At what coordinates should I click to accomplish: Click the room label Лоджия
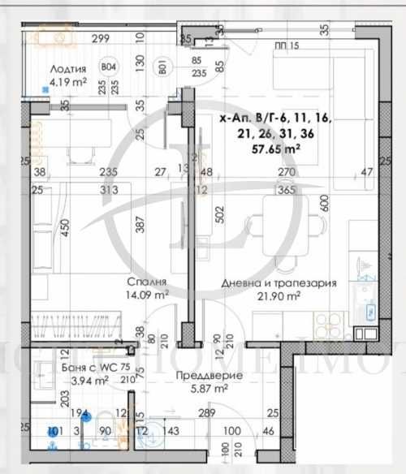pos(68,69)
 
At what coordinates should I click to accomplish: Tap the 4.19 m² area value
pos(68,81)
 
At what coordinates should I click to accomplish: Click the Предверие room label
pos(200,377)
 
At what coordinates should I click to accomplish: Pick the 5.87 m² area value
pos(200,390)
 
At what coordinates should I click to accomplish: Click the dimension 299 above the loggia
pos(101,38)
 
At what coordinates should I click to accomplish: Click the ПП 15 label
pos(287,45)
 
